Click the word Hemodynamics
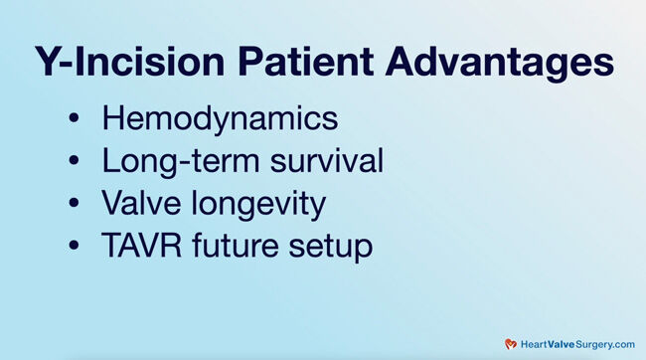[x=220, y=118]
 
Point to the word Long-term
[x=171, y=162]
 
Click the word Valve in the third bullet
[x=138, y=204]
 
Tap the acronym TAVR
[x=141, y=246]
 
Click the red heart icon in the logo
[x=511, y=343]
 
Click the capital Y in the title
[x=46, y=63]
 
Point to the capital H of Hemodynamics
[x=113, y=118]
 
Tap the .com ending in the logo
[x=620, y=343]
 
